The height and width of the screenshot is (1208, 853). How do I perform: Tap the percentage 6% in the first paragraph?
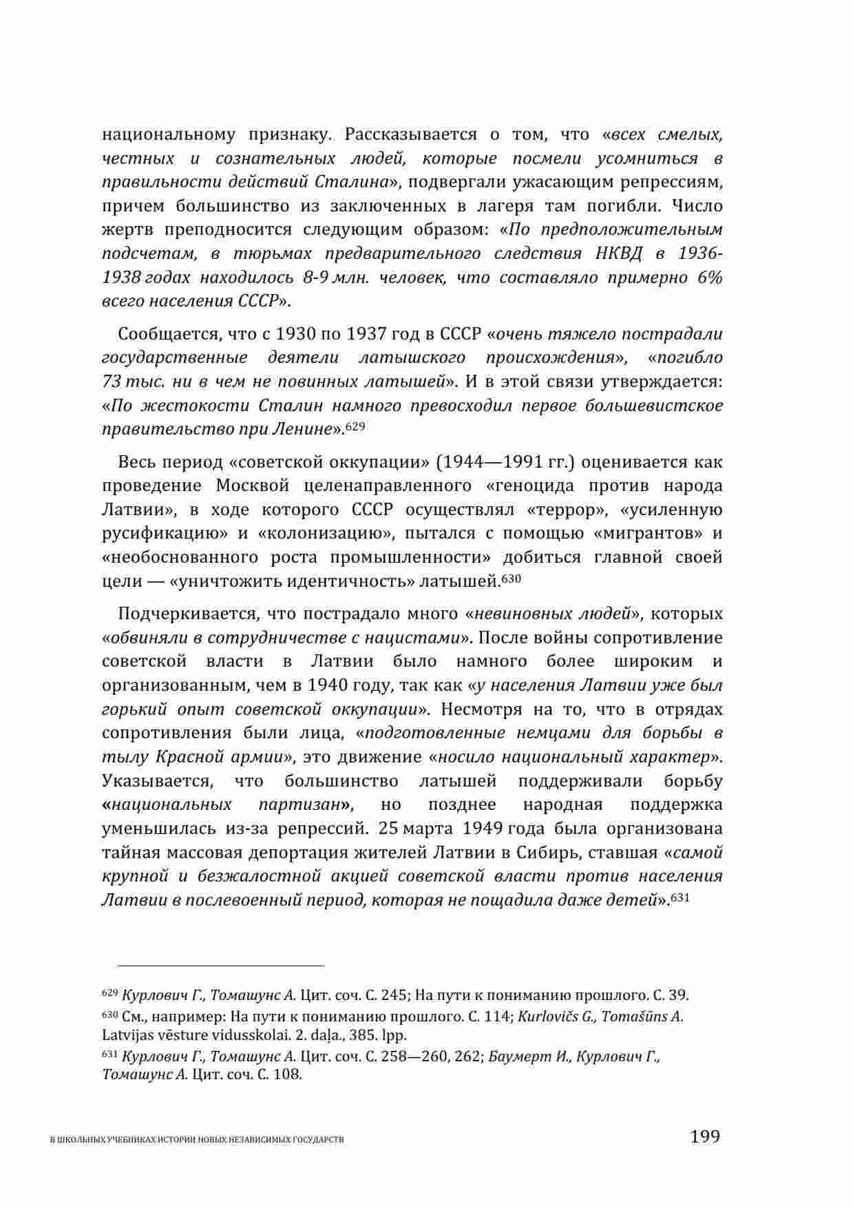tap(709, 278)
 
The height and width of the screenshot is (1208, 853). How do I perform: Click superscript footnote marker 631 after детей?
tap(680, 897)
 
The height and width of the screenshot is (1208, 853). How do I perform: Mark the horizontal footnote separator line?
tap(213, 966)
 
